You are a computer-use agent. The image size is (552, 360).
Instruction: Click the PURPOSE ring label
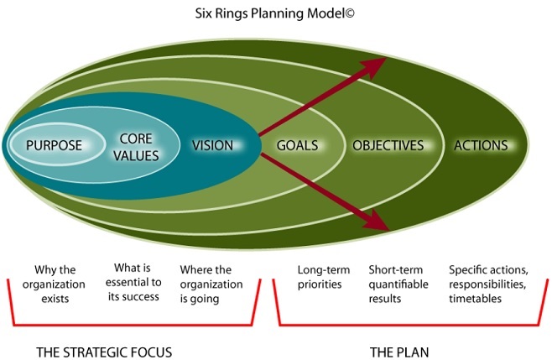tap(54, 145)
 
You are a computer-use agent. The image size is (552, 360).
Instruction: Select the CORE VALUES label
tap(136, 147)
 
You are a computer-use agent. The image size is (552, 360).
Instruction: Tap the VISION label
tap(212, 145)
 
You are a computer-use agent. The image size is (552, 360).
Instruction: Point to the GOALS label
tap(297, 145)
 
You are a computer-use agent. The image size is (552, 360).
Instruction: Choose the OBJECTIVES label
tap(388, 145)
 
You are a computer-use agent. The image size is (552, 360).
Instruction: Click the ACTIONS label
tap(481, 145)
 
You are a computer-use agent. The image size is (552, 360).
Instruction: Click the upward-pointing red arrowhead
tap(374, 67)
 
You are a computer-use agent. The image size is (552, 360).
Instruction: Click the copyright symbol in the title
tap(350, 13)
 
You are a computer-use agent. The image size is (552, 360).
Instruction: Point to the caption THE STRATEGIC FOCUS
tap(104, 352)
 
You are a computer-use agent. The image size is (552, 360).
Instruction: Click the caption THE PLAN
tap(399, 352)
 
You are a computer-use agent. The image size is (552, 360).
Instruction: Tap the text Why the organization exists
tap(55, 284)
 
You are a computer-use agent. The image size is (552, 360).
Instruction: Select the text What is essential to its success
tap(133, 282)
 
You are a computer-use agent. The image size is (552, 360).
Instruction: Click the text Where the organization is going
tap(211, 284)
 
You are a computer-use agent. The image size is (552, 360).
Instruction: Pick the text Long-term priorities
tap(324, 277)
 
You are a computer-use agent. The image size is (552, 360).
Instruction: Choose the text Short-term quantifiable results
tap(398, 284)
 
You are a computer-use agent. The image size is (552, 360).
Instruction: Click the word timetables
tap(475, 299)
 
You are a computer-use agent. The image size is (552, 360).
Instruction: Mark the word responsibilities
tap(487, 284)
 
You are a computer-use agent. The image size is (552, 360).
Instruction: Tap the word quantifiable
tap(398, 284)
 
